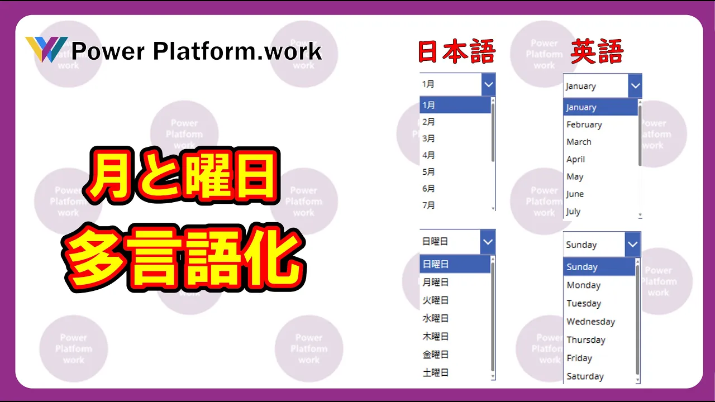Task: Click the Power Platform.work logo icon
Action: pos(46,49)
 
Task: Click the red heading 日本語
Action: pos(456,51)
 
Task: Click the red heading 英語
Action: pos(597,51)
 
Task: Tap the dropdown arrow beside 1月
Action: pos(489,84)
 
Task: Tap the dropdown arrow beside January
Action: pos(635,86)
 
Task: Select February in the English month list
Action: pos(584,125)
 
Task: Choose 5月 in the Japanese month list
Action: pos(428,171)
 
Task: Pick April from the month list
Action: pos(575,159)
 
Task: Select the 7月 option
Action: pos(428,205)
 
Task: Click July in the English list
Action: pos(573,211)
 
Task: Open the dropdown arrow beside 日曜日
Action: pos(488,242)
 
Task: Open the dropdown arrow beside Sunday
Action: pos(633,245)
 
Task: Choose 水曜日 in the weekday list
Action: pos(435,318)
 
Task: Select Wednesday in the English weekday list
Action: pos(590,321)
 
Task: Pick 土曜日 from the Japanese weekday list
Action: pos(435,372)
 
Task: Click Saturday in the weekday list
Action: pos(585,376)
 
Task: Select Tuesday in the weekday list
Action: pos(584,303)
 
